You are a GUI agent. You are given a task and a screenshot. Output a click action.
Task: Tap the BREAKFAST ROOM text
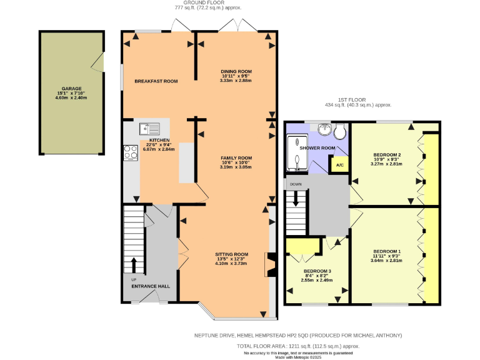[x=156, y=81]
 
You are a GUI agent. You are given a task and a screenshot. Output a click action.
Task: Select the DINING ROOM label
[x=236, y=71]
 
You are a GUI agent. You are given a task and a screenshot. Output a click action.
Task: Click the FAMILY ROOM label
[x=236, y=157]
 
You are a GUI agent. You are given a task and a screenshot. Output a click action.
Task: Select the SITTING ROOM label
[x=232, y=254]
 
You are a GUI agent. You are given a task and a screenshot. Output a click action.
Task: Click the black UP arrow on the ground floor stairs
[x=133, y=264]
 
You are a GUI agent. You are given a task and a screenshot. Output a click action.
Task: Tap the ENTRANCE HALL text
[x=150, y=286]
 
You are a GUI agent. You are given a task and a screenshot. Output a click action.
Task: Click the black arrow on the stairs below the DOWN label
[x=296, y=202]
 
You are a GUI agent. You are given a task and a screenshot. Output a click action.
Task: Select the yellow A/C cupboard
[x=339, y=165]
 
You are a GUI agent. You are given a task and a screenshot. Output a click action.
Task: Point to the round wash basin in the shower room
[x=324, y=129]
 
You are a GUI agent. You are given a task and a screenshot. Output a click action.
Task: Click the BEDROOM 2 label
[x=387, y=154]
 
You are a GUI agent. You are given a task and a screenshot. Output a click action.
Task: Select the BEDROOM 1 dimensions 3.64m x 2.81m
[x=386, y=261]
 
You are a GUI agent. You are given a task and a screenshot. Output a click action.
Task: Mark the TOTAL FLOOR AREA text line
[x=298, y=346]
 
